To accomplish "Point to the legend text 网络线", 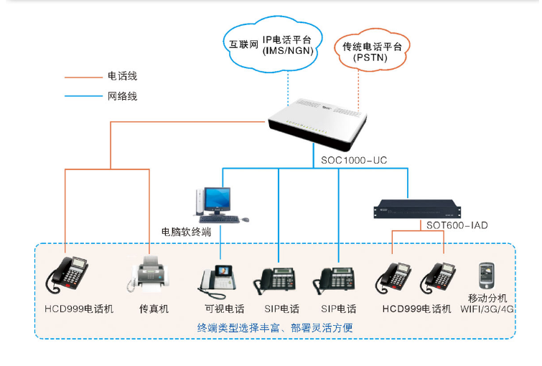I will (x=122, y=95).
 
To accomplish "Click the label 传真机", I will (x=154, y=309).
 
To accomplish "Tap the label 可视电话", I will (x=224, y=309).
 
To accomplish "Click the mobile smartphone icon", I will (x=487, y=275).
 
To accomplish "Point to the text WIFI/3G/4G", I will (x=487, y=309).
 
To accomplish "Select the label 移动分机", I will (x=487, y=298).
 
